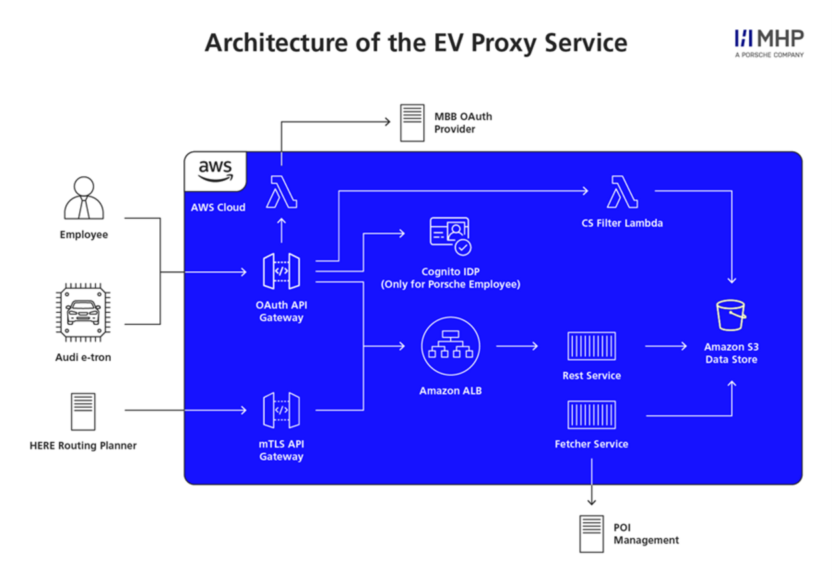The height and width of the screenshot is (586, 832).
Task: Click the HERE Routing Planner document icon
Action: tap(83, 411)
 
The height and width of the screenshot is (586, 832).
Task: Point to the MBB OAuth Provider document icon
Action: tap(412, 123)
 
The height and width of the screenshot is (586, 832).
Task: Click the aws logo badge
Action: tap(215, 170)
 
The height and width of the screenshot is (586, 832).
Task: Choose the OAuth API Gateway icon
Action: tap(281, 271)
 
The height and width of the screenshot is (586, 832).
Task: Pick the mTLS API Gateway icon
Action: tap(281, 410)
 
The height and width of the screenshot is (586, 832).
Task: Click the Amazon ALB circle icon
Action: tap(451, 346)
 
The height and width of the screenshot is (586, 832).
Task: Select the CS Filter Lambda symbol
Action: tap(622, 191)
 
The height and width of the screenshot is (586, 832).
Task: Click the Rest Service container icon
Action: tap(591, 346)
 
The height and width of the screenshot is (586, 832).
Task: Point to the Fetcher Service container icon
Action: tap(591, 415)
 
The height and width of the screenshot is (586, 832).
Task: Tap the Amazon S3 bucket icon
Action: tap(731, 315)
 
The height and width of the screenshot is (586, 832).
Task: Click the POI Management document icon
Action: tap(591, 533)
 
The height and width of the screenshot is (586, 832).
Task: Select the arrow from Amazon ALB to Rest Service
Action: tap(517, 346)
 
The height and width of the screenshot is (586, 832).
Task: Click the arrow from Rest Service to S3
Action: tap(665, 346)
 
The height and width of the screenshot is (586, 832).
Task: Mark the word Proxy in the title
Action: tap(503, 43)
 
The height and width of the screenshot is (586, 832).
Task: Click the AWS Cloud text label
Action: tap(218, 207)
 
